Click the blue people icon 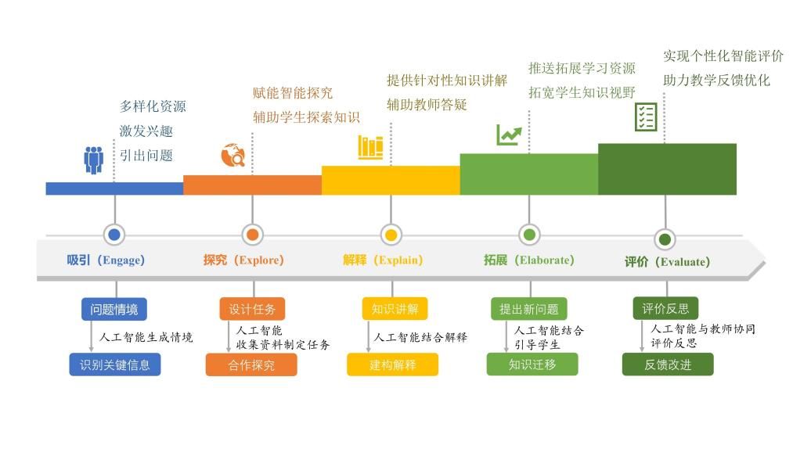click(x=94, y=160)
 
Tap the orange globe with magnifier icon click(x=232, y=155)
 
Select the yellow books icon click(x=370, y=147)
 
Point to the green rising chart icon click(x=509, y=135)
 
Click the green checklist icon click(x=646, y=117)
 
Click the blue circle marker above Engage click(x=114, y=235)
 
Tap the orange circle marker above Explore click(x=252, y=235)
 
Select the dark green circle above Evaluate click(x=665, y=239)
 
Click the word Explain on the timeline click(x=398, y=260)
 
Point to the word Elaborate click(x=544, y=260)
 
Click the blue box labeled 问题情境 click(x=114, y=309)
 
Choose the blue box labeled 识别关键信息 click(x=115, y=364)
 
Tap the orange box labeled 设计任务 click(x=252, y=309)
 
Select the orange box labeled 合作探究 click(x=251, y=364)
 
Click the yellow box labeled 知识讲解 click(x=395, y=309)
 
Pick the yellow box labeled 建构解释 click(x=392, y=364)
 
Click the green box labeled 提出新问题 click(x=528, y=309)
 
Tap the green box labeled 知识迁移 click(x=532, y=364)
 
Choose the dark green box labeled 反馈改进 click(x=668, y=364)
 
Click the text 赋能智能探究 click(x=293, y=93)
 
